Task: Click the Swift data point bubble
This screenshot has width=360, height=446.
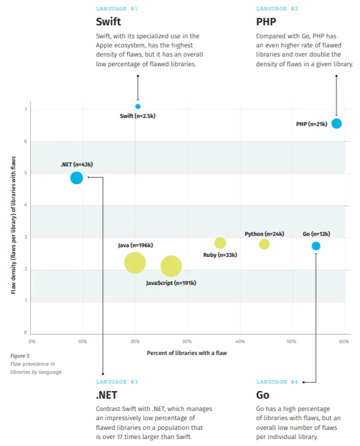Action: pyautogui.click(x=138, y=106)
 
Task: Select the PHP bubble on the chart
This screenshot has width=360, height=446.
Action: pyautogui.click(x=336, y=123)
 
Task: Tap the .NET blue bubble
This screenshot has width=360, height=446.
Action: pyautogui.click(x=77, y=177)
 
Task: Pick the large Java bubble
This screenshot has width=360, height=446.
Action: pyautogui.click(x=135, y=263)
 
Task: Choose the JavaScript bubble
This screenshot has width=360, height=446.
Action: pyautogui.click(x=171, y=266)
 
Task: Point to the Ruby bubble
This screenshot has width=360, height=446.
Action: pyautogui.click(x=220, y=243)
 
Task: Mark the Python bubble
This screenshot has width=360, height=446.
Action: pyautogui.click(x=264, y=244)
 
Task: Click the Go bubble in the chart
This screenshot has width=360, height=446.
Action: pyautogui.click(x=316, y=246)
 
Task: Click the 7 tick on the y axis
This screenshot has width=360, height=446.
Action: pyautogui.click(x=25, y=109)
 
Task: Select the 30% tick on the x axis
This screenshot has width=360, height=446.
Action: pyautogui.click(x=186, y=342)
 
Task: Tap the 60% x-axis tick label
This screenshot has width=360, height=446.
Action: pyautogui.click(x=344, y=342)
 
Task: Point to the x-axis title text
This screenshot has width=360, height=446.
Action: pyautogui.click(x=186, y=353)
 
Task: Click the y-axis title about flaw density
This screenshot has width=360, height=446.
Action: pyautogui.click(x=13, y=225)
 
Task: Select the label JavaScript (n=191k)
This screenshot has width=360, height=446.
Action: pyautogui.click(x=171, y=283)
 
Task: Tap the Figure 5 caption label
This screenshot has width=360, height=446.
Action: pyautogui.click(x=20, y=356)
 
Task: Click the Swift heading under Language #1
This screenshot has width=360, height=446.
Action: pyautogui.click(x=108, y=22)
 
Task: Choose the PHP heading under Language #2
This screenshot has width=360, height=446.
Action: pyautogui.click(x=266, y=22)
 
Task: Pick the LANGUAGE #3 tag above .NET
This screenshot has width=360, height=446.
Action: pyautogui.click(x=117, y=382)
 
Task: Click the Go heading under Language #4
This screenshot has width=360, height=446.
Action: pyautogui.click(x=262, y=395)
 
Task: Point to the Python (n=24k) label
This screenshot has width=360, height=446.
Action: pyautogui.click(x=264, y=234)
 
